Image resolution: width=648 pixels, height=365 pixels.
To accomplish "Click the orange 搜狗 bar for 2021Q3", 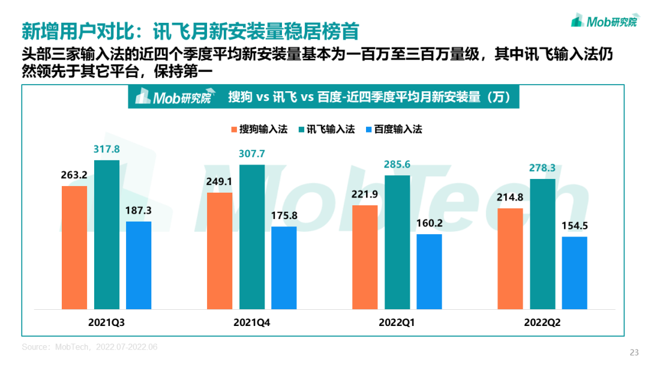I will pyautogui.click(x=74, y=247).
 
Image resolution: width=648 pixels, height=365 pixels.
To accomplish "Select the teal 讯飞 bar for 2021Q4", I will pyautogui.click(x=252, y=236).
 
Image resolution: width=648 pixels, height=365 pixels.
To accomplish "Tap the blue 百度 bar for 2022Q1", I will pyautogui.click(x=429, y=270).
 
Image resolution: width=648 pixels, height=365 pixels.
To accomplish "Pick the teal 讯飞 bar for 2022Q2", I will pyautogui.click(x=542, y=243).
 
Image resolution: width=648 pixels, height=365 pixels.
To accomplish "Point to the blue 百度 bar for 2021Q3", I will pyautogui.click(x=139, y=264).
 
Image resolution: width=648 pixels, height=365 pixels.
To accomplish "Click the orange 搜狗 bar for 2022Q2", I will pyautogui.click(x=511, y=258).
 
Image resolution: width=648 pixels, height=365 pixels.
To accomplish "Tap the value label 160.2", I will pyautogui.click(x=429, y=223).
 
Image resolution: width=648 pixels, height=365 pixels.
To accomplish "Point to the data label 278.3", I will pyautogui.click(x=542, y=169).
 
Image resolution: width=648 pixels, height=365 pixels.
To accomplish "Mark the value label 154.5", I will pyautogui.click(x=574, y=226).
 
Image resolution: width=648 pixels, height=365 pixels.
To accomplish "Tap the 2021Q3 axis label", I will pyautogui.click(x=107, y=322).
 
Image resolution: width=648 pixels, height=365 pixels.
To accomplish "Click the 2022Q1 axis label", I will pyautogui.click(x=397, y=322).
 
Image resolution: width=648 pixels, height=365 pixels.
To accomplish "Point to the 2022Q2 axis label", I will pyautogui.click(x=542, y=322).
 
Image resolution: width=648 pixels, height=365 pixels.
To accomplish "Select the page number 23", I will pyautogui.click(x=634, y=352).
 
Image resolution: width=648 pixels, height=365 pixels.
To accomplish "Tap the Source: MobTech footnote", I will pyautogui.click(x=89, y=347).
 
